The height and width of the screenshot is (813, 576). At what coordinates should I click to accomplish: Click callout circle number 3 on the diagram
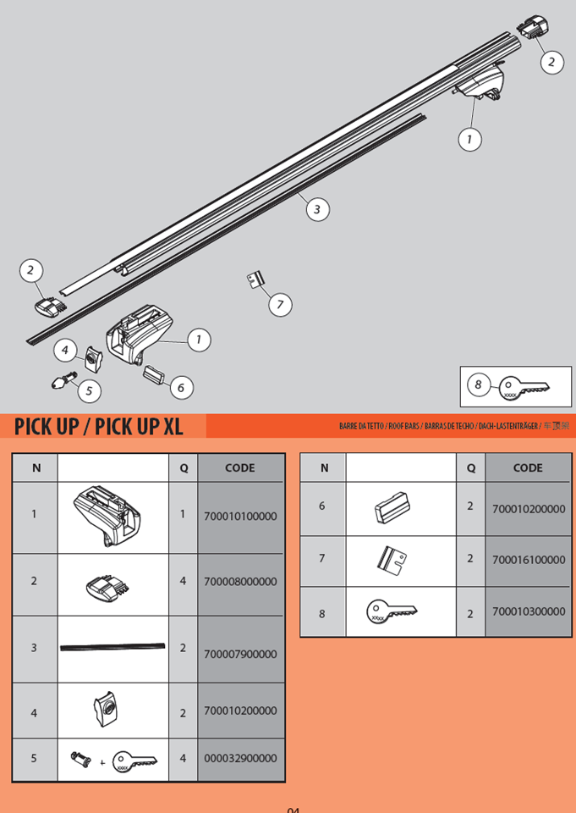[x=316, y=208]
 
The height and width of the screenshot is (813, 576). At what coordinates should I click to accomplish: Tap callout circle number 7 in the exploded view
[x=281, y=304]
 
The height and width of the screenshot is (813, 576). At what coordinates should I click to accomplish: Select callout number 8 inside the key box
[x=478, y=385]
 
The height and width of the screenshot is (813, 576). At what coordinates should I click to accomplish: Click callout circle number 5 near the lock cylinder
[x=88, y=390]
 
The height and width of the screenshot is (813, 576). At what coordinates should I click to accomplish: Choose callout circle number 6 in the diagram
[x=181, y=388]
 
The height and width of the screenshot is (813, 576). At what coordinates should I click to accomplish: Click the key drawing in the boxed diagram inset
[x=524, y=387]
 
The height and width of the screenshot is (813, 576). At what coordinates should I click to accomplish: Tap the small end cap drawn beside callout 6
[x=156, y=373]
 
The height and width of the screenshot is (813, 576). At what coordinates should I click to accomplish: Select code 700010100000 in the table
[x=240, y=516]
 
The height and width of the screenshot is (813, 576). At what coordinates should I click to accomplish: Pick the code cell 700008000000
[x=240, y=582]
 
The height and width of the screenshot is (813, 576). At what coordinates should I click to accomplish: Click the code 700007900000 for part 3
[x=240, y=654]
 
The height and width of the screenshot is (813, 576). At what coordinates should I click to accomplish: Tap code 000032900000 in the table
[x=240, y=759]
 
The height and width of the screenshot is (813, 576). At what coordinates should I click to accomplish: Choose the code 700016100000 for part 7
[x=528, y=560]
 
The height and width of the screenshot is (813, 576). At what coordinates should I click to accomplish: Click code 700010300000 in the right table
[x=528, y=611]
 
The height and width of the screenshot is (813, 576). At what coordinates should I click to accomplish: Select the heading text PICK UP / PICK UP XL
[x=99, y=426]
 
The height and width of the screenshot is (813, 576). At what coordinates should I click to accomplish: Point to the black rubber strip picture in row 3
[x=113, y=648]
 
